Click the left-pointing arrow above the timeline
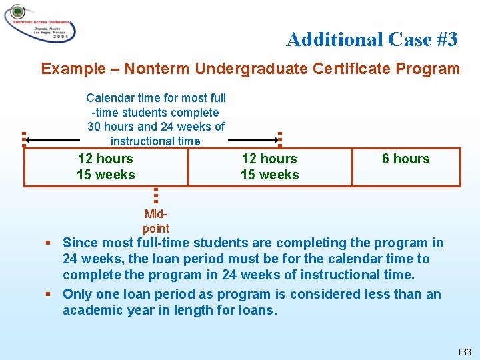53,140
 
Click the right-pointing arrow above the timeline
253,140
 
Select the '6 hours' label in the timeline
405,159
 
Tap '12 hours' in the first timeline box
105,159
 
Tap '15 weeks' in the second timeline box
269,175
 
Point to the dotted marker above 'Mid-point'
155,195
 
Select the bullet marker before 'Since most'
49,243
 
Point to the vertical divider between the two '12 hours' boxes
188,167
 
